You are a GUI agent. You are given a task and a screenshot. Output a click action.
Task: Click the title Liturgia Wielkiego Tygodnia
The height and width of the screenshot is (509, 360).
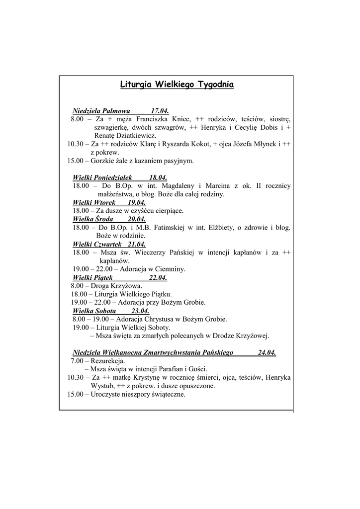177,85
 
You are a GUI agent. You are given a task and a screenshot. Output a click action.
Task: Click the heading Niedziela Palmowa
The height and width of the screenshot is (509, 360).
101,111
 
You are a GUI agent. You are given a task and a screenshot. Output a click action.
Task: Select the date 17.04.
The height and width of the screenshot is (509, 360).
160,111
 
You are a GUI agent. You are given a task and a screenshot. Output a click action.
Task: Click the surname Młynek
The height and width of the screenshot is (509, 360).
267,144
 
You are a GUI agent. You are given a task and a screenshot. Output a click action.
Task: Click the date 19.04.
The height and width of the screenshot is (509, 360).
136,202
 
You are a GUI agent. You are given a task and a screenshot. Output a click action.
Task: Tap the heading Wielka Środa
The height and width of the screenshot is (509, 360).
93,219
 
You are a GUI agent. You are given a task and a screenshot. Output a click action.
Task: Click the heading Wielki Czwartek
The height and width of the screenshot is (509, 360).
97,244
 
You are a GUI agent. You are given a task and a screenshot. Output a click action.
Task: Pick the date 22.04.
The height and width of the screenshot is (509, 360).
158,277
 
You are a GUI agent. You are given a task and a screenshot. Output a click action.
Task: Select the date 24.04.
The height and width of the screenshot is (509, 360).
267,352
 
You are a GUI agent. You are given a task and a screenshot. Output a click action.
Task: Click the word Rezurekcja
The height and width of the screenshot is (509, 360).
108,361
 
